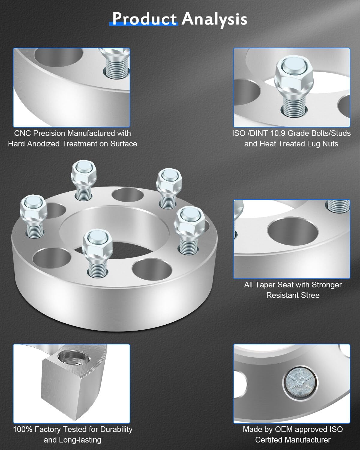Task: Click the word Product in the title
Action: [144, 19]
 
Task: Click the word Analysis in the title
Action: [214, 19]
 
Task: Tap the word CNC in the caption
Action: [22, 133]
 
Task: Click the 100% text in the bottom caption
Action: [23, 429]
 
